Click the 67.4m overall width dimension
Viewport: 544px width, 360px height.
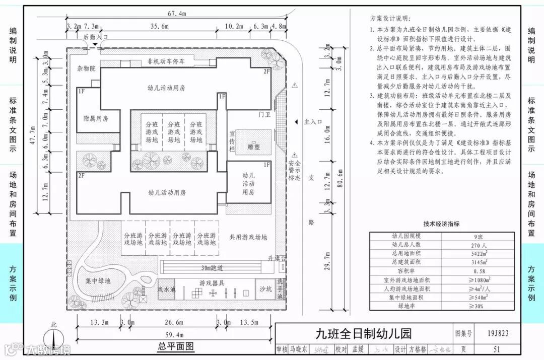pos(177,13)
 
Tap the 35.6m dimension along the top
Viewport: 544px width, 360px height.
pos(159,27)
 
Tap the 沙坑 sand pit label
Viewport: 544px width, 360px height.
pos(265,289)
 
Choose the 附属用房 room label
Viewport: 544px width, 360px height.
pos(96,119)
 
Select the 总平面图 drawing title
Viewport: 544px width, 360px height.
pos(176,346)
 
